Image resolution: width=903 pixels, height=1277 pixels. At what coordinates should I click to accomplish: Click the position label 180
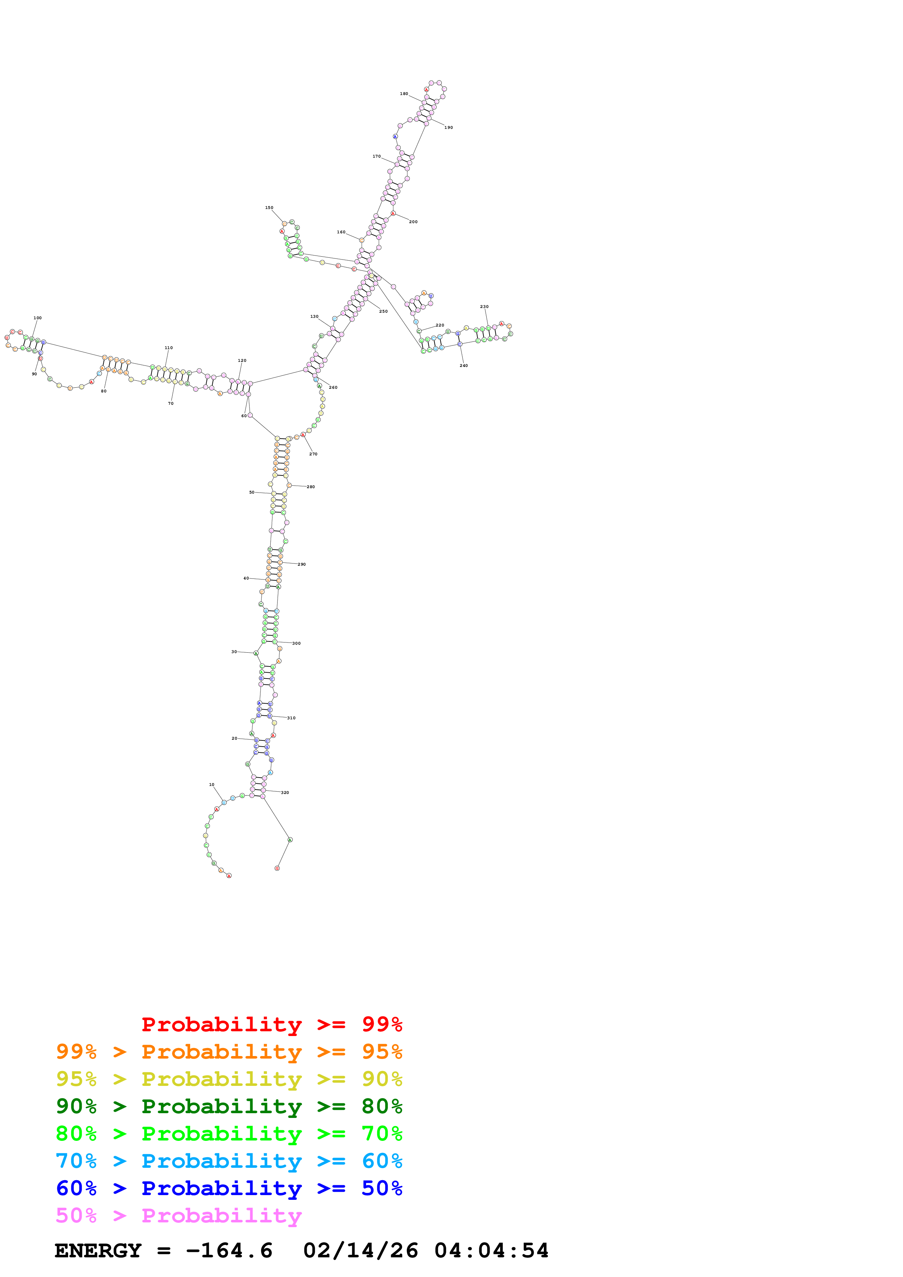point(404,94)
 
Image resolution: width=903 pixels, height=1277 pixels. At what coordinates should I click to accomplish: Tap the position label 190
point(448,127)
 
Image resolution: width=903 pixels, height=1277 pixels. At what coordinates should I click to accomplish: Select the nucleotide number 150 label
point(269,207)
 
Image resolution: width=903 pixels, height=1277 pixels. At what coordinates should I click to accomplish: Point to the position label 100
point(37,318)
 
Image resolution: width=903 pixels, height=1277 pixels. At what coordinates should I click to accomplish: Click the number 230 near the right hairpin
point(484,307)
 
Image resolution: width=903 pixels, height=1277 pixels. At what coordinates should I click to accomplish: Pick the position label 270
point(313,454)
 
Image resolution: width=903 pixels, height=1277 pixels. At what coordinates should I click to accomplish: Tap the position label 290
point(302,564)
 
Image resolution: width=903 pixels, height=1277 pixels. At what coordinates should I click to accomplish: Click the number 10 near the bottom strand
point(211,784)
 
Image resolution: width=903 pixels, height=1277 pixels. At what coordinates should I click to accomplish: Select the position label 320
point(285,792)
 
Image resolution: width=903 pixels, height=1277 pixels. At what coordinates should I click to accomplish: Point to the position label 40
point(246,578)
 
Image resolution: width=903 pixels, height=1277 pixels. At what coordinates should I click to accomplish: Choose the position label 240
point(463,365)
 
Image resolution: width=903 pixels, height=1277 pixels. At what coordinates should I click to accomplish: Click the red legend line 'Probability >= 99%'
point(271,1024)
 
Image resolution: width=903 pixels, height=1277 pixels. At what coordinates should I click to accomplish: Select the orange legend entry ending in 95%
point(229,1051)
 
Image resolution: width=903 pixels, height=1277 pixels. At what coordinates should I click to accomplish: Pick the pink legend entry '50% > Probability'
point(178,1215)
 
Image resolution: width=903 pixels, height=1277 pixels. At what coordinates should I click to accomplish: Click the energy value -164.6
point(229,1250)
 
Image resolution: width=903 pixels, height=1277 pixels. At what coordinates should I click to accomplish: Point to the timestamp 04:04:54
point(491,1250)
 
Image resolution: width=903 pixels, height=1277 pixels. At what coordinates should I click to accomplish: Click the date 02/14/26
point(361,1250)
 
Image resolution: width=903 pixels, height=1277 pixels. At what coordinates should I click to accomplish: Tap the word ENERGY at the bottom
point(98,1250)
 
